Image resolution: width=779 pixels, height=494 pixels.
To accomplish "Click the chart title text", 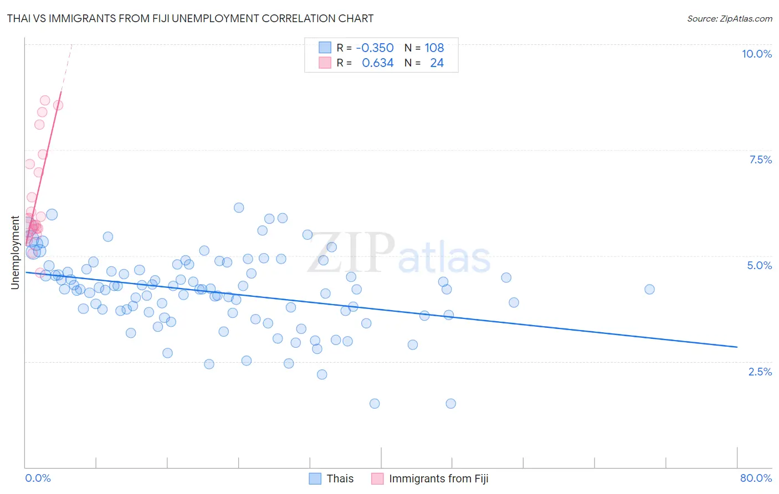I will (x=190, y=18).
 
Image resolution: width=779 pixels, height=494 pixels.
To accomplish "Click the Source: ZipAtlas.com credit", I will (x=729, y=18).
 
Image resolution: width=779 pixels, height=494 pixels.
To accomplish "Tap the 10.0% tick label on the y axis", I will (x=756, y=54).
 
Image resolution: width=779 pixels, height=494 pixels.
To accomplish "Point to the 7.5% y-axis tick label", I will (x=760, y=159).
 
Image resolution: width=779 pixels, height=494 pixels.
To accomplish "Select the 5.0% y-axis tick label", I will (x=759, y=265).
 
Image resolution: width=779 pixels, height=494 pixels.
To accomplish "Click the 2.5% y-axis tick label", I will (x=760, y=372).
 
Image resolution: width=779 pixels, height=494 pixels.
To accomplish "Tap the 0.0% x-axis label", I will (x=38, y=478).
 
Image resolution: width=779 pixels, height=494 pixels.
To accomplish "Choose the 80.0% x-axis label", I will (x=756, y=478).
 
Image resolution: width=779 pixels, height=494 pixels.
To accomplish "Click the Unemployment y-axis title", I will (x=15, y=253).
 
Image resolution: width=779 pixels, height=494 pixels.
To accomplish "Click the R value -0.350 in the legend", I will (x=375, y=48).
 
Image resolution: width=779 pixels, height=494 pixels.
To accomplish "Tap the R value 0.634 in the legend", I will (x=378, y=63).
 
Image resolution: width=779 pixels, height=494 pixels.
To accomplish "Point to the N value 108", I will (x=434, y=48).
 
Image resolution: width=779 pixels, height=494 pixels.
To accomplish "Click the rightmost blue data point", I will (x=649, y=289).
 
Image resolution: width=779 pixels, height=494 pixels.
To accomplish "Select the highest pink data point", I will (x=45, y=100).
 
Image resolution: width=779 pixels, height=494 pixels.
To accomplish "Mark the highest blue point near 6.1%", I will (x=239, y=208).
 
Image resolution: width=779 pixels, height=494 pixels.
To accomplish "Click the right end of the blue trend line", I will (x=737, y=347).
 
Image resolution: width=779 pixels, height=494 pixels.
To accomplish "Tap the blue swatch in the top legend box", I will (x=325, y=48).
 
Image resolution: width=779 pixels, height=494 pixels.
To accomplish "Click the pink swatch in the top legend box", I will (x=325, y=63).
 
